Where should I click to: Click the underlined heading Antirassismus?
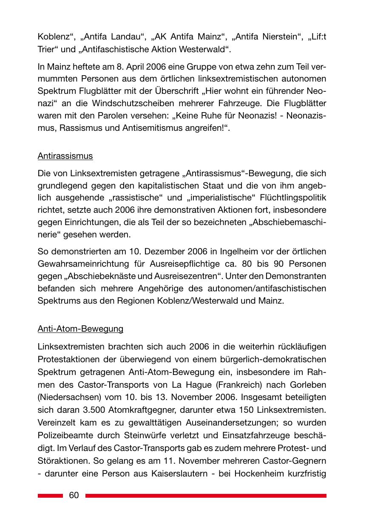(65, 156)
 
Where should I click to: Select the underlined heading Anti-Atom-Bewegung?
(80, 329)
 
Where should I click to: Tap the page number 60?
(74, 495)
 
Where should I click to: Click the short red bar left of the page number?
(50, 496)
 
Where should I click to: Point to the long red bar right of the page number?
(206, 496)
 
